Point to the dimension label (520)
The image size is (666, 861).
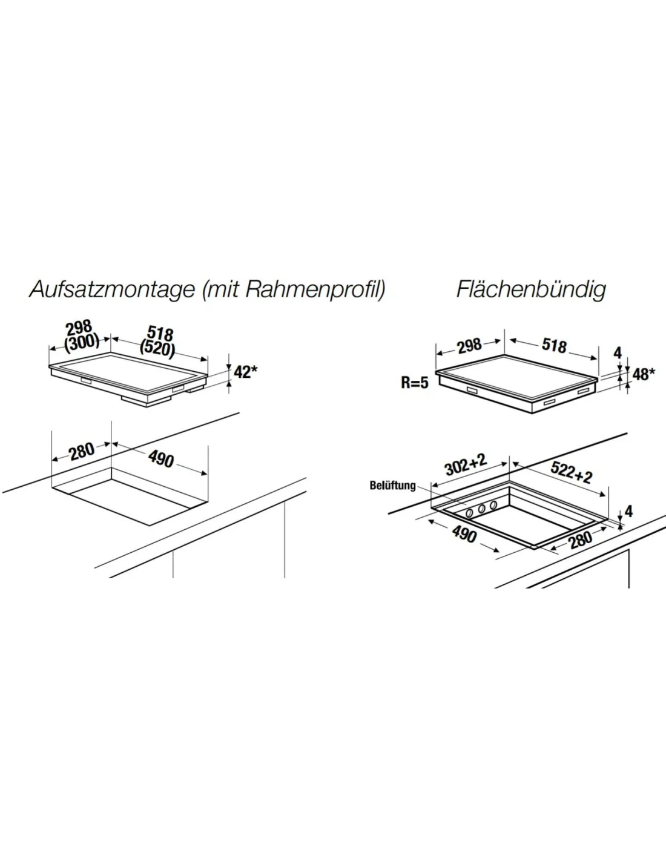click(x=157, y=349)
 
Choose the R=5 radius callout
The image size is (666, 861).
click(x=415, y=383)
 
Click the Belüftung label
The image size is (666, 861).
click(x=392, y=486)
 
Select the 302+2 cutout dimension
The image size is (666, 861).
click(x=466, y=465)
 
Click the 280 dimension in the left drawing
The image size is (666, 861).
click(x=82, y=452)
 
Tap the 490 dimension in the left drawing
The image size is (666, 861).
click(x=161, y=459)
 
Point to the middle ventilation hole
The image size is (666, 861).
click(x=482, y=509)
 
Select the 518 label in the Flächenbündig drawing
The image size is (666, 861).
click(x=554, y=346)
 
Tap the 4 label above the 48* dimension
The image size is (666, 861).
click(x=618, y=353)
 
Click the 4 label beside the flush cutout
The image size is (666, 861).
click(x=628, y=512)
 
